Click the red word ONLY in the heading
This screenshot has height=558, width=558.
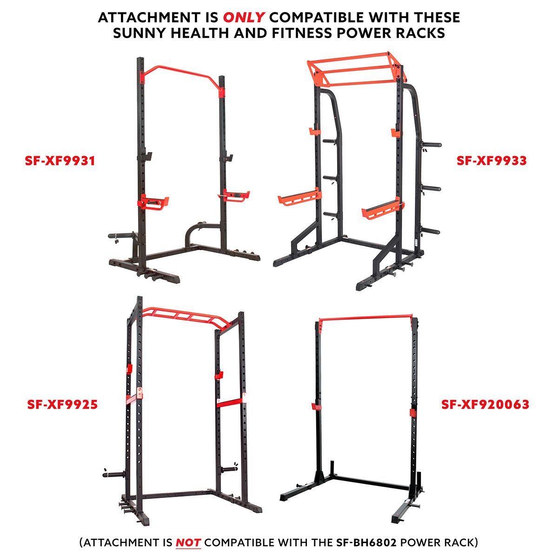[244, 18]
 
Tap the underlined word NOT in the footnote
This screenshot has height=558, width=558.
[188, 542]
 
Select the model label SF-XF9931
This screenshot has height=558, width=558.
[60, 161]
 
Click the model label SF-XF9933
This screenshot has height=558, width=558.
[492, 161]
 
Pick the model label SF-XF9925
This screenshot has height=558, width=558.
[62, 405]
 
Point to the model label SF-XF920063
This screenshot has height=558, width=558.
[485, 405]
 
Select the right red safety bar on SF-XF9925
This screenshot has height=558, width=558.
[231, 401]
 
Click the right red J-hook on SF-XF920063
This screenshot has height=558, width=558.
[412, 412]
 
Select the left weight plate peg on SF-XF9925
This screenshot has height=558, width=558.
[114, 474]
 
